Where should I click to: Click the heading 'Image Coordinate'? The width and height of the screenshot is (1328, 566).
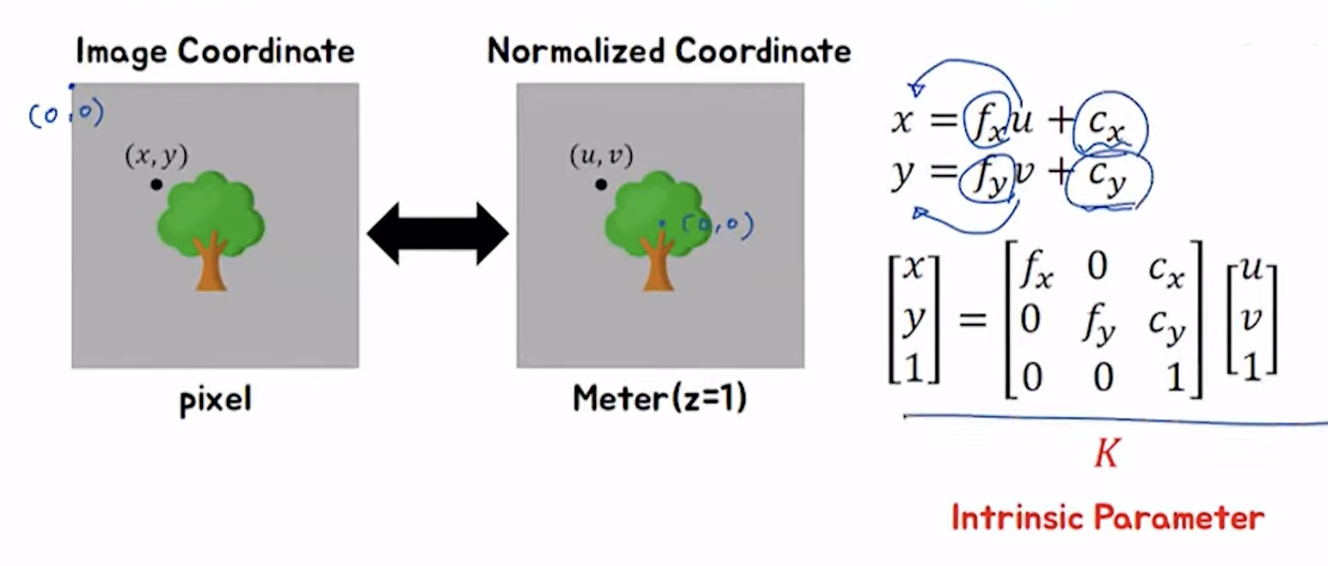point(215,51)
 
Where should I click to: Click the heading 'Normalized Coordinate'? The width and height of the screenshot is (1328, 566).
point(669,51)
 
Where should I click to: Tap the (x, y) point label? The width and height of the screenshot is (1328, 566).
point(156,156)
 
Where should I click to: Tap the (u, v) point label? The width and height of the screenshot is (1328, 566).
point(601,156)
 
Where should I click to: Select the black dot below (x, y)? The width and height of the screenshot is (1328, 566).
point(156,184)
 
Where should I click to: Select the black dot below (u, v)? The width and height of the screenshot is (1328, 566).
point(602,184)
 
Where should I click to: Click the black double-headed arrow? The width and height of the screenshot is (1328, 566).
point(437,233)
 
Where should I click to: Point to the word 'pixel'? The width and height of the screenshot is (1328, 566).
point(216,399)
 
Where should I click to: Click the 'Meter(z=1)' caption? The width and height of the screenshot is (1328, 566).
point(660,398)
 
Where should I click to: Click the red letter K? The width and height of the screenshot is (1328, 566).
point(1106,454)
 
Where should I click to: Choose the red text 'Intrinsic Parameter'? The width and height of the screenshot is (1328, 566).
point(1107,518)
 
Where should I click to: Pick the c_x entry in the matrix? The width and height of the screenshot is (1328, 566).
point(1165,275)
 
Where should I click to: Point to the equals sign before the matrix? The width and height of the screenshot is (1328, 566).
point(972,322)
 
